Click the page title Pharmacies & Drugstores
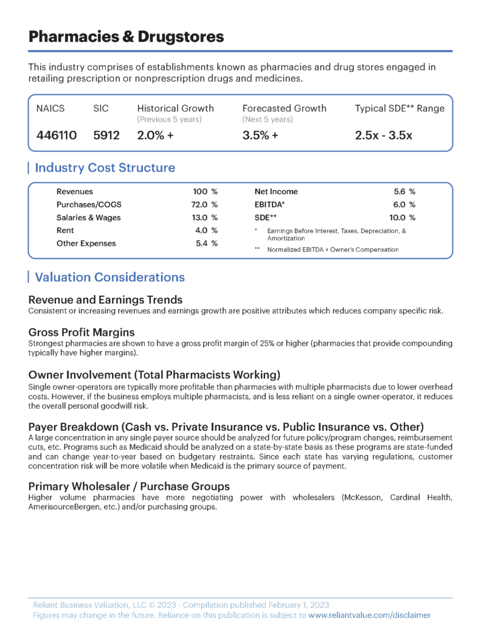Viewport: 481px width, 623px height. (x=126, y=37)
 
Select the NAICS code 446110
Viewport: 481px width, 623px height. (x=57, y=135)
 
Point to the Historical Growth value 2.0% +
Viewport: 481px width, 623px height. (x=156, y=135)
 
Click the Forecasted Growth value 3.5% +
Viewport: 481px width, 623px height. (x=260, y=135)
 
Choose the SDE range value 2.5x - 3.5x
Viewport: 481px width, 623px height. (x=383, y=135)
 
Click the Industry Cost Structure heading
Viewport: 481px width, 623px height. (x=105, y=168)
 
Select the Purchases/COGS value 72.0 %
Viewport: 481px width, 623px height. (x=204, y=204)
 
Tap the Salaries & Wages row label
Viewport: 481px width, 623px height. (x=88, y=217)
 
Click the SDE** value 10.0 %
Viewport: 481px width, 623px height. (x=403, y=217)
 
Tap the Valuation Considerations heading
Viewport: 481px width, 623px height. (x=109, y=277)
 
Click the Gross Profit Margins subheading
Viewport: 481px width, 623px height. (x=81, y=332)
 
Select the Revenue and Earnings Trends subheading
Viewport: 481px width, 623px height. (x=105, y=300)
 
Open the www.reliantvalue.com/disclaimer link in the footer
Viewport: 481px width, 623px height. (x=370, y=615)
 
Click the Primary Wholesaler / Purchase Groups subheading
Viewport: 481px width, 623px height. (x=129, y=486)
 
